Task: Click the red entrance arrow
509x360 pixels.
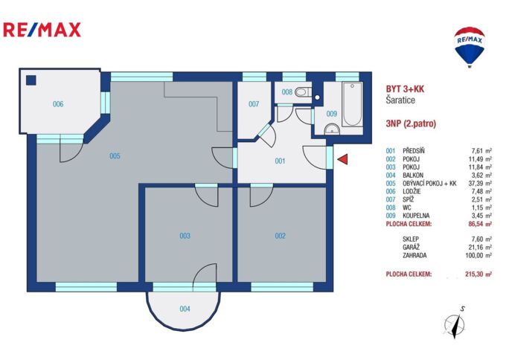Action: click(x=344, y=159)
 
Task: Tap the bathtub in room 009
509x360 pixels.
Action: click(x=352, y=104)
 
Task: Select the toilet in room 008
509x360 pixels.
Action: click(x=303, y=92)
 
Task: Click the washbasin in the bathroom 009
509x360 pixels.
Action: click(x=332, y=129)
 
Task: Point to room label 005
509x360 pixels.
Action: click(x=115, y=156)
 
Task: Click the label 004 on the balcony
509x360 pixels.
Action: click(x=185, y=309)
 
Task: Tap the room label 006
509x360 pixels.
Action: click(x=58, y=104)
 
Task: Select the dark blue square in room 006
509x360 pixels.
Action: click(x=31, y=80)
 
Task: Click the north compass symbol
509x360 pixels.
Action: click(x=455, y=324)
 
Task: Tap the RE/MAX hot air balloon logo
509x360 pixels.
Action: click(x=470, y=47)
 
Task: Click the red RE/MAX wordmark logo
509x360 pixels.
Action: click(x=42, y=30)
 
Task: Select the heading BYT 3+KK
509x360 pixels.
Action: click(x=405, y=89)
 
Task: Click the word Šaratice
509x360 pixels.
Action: click(x=400, y=100)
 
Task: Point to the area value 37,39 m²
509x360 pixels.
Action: click(x=478, y=183)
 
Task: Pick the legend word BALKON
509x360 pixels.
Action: click(x=413, y=175)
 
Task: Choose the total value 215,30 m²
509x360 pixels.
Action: click(x=478, y=274)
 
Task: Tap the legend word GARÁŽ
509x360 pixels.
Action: click(x=411, y=247)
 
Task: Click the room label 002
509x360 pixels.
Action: click(x=280, y=236)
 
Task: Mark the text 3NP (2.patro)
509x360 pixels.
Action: click(x=411, y=123)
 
